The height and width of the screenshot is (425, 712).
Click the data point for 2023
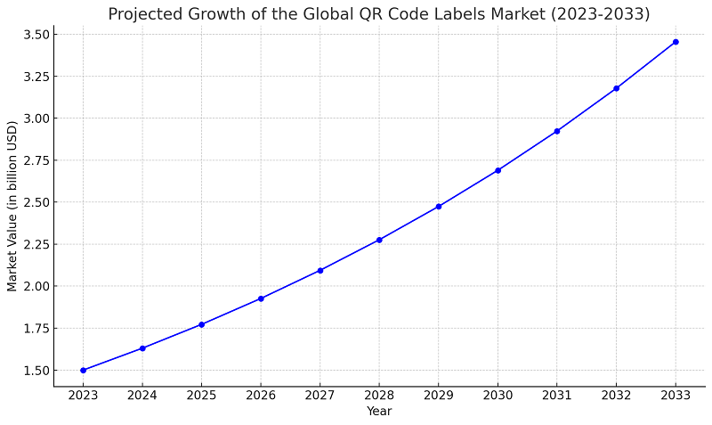click(x=83, y=370)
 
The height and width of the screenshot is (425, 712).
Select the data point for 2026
click(x=261, y=298)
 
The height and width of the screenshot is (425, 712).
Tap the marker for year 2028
click(x=379, y=240)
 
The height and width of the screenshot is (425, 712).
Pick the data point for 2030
click(x=498, y=170)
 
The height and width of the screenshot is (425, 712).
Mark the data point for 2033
click(x=676, y=42)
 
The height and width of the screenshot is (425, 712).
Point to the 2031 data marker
click(x=557, y=131)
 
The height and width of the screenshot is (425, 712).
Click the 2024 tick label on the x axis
click(x=142, y=395)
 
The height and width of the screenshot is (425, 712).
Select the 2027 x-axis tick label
click(x=320, y=395)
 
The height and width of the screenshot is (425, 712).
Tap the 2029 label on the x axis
click(x=439, y=395)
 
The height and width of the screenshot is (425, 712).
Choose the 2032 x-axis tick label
click(x=616, y=395)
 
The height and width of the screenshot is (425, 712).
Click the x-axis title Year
click(x=379, y=412)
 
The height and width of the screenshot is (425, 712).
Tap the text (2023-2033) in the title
click(x=604, y=14)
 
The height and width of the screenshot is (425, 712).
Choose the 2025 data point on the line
click(x=201, y=324)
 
